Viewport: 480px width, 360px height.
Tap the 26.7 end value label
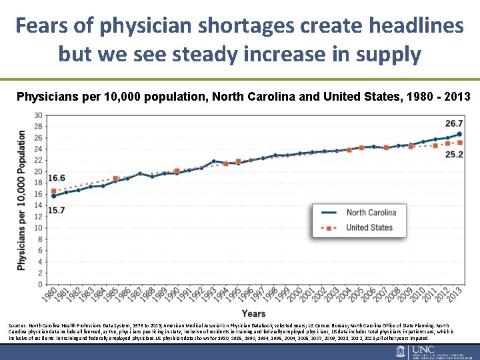[x=454, y=123]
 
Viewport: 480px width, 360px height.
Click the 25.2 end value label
[x=454, y=155]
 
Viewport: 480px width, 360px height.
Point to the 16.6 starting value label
[x=56, y=178]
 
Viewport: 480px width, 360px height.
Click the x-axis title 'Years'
[x=253, y=313]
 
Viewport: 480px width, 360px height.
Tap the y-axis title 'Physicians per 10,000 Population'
[x=22, y=200]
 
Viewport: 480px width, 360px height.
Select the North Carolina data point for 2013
[x=459, y=134]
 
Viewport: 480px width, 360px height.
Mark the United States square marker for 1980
[x=54, y=191]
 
